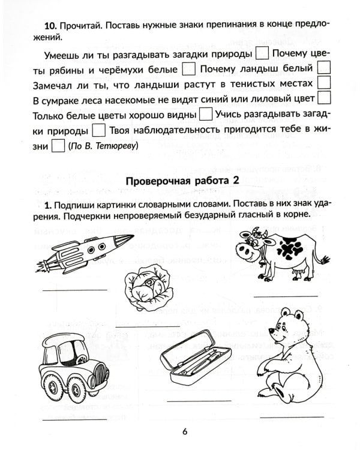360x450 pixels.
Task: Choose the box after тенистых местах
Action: click(x=324, y=82)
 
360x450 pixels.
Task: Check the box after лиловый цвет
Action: click(x=324, y=97)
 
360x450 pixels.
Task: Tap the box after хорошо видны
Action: click(x=205, y=113)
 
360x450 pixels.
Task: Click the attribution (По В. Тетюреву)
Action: click(x=103, y=146)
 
